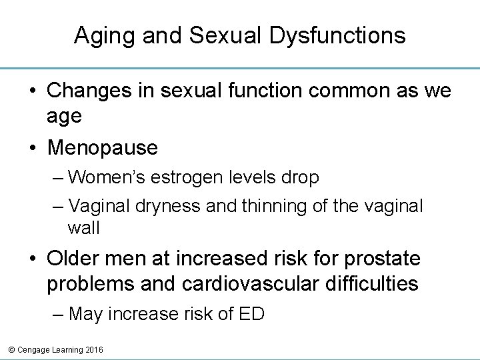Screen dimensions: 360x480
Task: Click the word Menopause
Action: [102, 147]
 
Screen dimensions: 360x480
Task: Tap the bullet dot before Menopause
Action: [33, 147]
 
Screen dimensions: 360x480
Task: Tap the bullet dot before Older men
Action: [33, 257]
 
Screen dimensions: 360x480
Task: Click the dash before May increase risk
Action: [57, 314]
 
